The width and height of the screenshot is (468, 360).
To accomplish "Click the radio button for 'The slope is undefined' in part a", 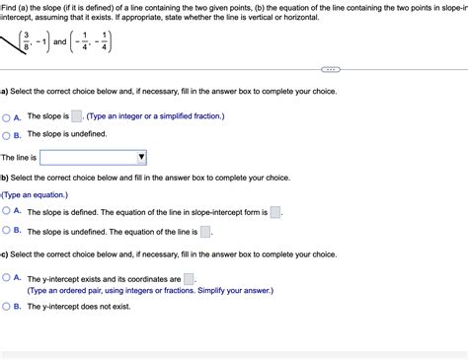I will (x=7, y=134).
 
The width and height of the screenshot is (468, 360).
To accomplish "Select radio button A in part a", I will (x=7, y=117).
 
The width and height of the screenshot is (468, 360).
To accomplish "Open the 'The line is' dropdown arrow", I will (x=141, y=157).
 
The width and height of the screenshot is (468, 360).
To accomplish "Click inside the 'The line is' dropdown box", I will (x=89, y=157).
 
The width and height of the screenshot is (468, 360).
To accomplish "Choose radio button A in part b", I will (x=7, y=212).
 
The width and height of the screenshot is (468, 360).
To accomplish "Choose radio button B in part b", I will (x=7, y=231).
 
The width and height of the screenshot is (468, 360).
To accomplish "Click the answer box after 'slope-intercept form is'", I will (x=275, y=212).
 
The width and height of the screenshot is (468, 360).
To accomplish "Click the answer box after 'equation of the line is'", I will (x=205, y=232).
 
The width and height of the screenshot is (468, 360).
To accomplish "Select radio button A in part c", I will (x=7, y=279).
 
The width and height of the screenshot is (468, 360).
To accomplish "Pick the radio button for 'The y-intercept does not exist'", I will (x=7, y=307).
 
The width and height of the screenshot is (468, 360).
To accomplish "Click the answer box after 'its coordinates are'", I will (x=189, y=279).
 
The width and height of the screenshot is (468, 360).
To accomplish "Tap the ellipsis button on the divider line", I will (x=331, y=70).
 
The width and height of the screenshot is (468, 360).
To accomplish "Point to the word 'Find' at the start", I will (x=10, y=7).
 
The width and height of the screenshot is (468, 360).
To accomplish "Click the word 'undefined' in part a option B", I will (x=85, y=134).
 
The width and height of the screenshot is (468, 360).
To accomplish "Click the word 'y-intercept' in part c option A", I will (x=66, y=279).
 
